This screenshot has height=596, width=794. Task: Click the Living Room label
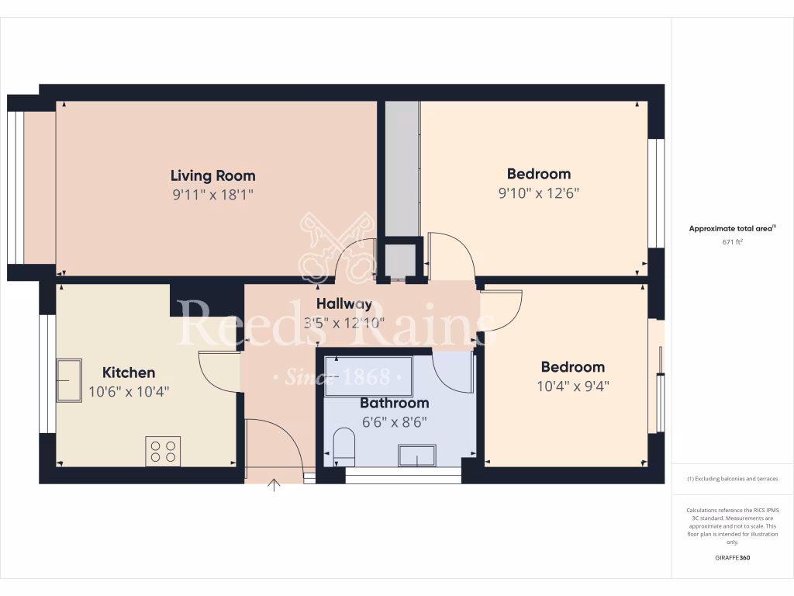coord(212,175)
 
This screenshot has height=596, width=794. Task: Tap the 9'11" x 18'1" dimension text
coord(212,194)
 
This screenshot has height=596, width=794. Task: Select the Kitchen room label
coord(129,372)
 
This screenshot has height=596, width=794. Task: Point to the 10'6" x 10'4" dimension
coord(129,391)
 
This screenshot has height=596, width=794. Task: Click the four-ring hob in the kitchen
coord(163,451)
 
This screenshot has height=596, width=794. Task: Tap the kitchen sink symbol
coord(68,380)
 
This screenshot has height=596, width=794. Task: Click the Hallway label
coord(343,303)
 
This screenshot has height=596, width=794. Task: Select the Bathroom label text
coord(394,404)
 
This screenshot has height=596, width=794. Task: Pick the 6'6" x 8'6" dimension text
coord(394,422)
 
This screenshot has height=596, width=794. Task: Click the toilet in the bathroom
coord(343,449)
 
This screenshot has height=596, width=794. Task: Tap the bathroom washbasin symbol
coord(416,455)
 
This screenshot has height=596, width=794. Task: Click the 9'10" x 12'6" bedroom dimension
coord(539,192)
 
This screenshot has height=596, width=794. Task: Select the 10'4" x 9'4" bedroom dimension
coord(573,385)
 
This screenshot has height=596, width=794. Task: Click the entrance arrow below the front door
coord(274,486)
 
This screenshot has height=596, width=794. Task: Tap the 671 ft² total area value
coord(733,242)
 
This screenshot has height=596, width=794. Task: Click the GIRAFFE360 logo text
coord(733,558)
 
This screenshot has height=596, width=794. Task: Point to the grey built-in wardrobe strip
coord(402,168)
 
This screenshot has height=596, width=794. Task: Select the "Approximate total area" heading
coord(731,228)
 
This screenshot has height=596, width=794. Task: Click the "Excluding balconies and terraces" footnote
coord(733,479)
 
